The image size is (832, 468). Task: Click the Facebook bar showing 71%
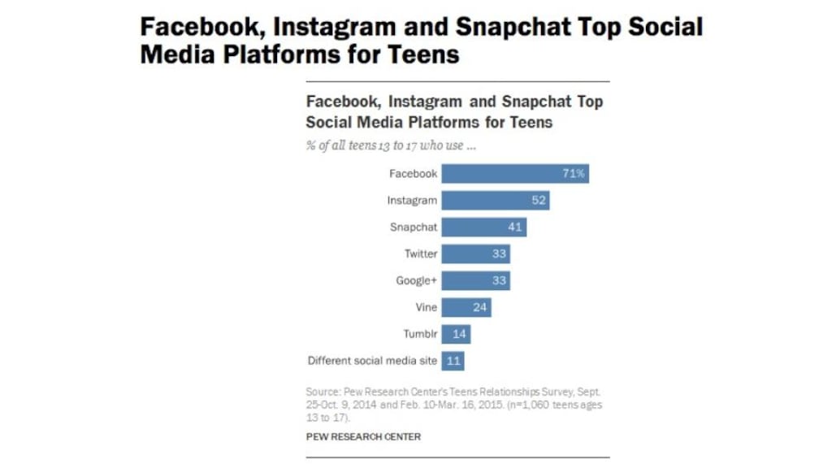point(515,173)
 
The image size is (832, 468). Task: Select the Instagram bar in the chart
point(496,200)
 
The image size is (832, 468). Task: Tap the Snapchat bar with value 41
point(484,227)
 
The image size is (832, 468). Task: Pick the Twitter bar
point(476,253)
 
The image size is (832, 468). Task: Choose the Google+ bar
point(476,280)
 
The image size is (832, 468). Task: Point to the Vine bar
point(466,307)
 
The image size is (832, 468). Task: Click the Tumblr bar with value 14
point(456,334)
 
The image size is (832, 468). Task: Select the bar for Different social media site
point(453,361)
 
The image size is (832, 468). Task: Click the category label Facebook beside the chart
point(413,173)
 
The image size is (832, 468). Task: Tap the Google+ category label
point(416,280)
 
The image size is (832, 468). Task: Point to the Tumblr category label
point(420,334)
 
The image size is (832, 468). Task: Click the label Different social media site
point(372,361)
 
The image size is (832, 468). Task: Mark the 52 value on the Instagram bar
point(538,200)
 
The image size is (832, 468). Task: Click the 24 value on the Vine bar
point(479,307)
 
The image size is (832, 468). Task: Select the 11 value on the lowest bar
point(454,361)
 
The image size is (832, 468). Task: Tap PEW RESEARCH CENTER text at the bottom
point(363,436)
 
